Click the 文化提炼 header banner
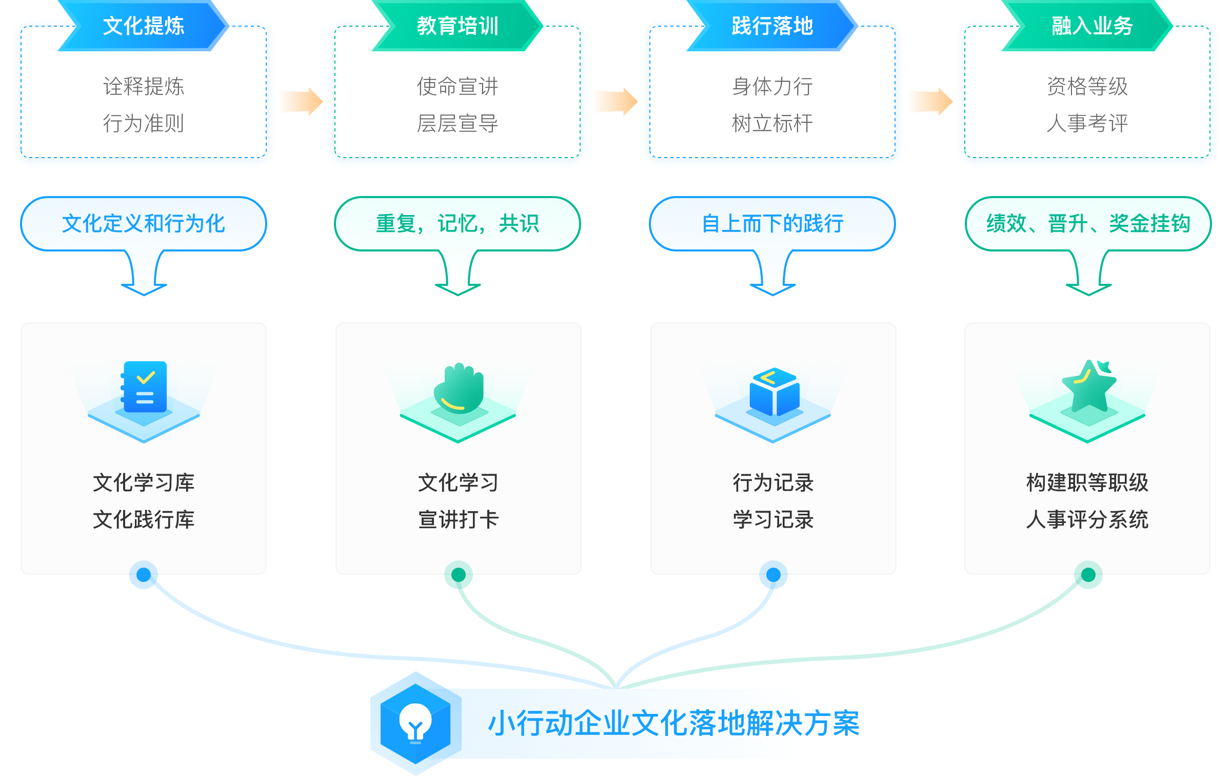[x=144, y=26]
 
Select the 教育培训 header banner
[x=458, y=26]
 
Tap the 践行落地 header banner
[x=772, y=26]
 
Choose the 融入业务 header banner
[x=1087, y=26]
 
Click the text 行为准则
[x=144, y=123]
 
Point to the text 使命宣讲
[x=458, y=86]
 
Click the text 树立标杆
[x=772, y=123]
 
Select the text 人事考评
[x=1087, y=123]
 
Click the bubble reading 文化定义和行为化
[x=144, y=224]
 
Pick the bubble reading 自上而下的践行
[x=772, y=224]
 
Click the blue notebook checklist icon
[x=144, y=387]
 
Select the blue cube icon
[x=774, y=391]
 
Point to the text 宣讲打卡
[x=458, y=519]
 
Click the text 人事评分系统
[x=1087, y=519]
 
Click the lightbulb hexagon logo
[x=415, y=723]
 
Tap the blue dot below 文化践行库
[x=144, y=575]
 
